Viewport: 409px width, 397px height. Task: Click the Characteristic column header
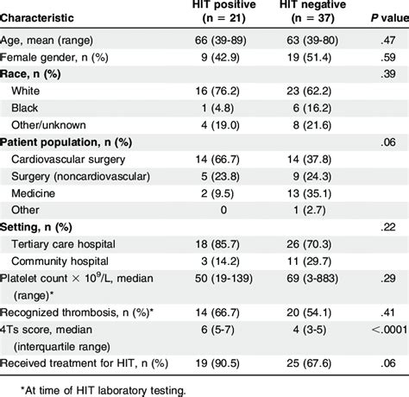click(x=37, y=18)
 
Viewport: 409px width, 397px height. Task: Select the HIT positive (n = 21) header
click(x=224, y=11)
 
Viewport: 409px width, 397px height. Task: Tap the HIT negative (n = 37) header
click(x=312, y=11)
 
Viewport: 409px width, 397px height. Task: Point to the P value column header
click(x=390, y=18)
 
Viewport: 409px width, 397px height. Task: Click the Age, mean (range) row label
click(x=47, y=41)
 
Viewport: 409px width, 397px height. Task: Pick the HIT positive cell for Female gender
click(x=220, y=57)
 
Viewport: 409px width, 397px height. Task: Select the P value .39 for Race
click(x=388, y=74)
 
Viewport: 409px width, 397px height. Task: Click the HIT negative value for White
click(x=309, y=91)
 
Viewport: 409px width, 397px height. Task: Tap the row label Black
click(x=24, y=108)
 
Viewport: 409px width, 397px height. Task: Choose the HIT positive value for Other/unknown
click(x=220, y=125)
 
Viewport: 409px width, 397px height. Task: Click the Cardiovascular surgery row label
click(x=68, y=160)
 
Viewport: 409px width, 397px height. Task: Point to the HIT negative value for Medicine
click(x=309, y=193)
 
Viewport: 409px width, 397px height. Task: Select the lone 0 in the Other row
click(x=223, y=210)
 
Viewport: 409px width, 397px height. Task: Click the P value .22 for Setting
click(x=388, y=227)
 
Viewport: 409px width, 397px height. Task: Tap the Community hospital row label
click(x=60, y=262)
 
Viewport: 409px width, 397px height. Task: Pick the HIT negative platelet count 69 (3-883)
click(x=312, y=279)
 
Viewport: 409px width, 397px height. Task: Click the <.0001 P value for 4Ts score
click(x=390, y=330)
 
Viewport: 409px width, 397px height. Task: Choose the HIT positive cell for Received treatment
click(x=217, y=363)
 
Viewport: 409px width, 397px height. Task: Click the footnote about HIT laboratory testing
click(x=104, y=390)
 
